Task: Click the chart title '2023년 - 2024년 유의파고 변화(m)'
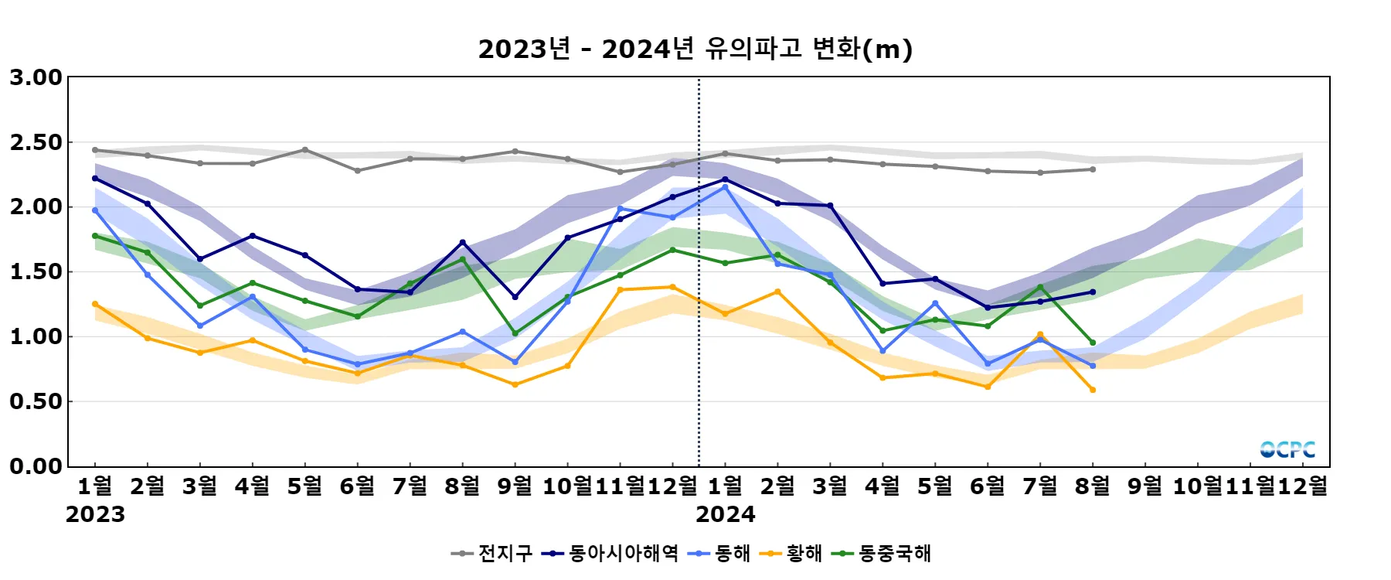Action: click(695, 49)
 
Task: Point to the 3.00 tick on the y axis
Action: click(36, 77)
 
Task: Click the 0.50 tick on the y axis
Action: click(36, 401)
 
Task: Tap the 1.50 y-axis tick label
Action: click(36, 272)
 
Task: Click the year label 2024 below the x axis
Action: click(725, 514)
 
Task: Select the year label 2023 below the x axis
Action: click(95, 514)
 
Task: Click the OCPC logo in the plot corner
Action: click(1287, 449)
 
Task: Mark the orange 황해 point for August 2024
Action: click(1093, 390)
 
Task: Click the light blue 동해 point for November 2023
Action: click(620, 209)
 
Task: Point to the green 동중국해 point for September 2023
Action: click(515, 333)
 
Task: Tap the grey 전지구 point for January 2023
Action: click(95, 150)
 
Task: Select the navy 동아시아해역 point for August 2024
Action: click(1093, 292)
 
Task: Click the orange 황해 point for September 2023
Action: click(515, 384)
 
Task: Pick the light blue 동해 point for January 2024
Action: click(725, 187)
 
